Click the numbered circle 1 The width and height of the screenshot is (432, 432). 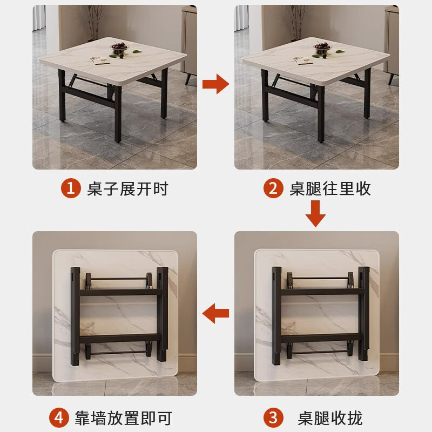coord(71,188)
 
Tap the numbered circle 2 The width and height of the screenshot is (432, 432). coord(273,188)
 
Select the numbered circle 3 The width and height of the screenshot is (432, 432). coord(273,417)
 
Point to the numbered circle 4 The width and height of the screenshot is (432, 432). coord(59,417)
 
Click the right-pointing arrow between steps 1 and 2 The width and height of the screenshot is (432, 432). coord(215,84)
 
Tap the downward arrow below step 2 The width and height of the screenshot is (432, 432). coord(315,213)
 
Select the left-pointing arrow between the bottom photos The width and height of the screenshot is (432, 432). coord(215,313)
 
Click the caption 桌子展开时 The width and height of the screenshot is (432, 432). coord(127,188)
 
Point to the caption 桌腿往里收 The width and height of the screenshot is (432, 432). coord(330,188)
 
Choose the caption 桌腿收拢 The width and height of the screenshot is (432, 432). coord(330,418)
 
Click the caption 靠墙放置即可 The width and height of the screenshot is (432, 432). coord(124,418)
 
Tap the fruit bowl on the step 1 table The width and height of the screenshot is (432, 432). coord(119,49)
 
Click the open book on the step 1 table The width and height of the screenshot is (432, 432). coord(100,60)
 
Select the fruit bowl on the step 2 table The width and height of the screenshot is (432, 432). coord(322,49)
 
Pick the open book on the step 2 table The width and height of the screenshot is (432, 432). coord(303,60)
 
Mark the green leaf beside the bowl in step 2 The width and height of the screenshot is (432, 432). coord(340,51)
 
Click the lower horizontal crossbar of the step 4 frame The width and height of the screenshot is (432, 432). coord(120,338)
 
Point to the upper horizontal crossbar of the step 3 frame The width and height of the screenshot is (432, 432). coord(321,292)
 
